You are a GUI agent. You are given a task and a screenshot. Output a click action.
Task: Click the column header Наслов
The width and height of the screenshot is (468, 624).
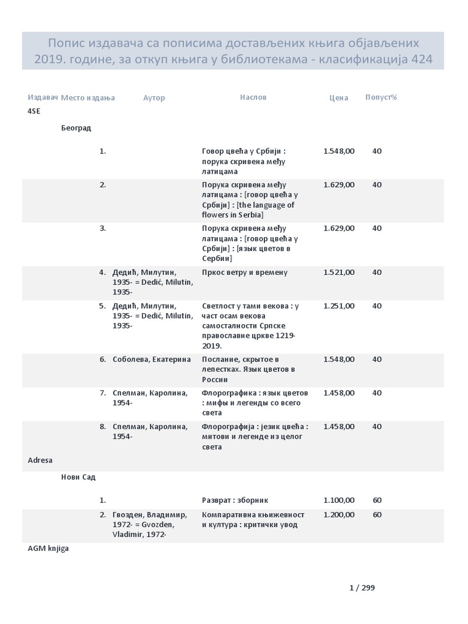[x=253, y=97]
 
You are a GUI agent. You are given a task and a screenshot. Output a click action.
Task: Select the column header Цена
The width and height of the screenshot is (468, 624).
[x=338, y=97]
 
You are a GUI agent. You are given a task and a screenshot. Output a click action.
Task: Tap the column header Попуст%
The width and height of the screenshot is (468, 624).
[x=381, y=97]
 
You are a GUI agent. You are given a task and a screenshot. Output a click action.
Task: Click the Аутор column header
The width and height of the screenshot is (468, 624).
[x=154, y=97]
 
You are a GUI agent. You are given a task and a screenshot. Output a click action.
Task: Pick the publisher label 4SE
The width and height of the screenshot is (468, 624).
[x=34, y=111]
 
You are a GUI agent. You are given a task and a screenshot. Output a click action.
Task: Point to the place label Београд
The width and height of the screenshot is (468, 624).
[x=76, y=128]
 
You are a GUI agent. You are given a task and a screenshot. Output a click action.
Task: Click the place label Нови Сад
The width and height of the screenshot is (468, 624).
[x=78, y=477]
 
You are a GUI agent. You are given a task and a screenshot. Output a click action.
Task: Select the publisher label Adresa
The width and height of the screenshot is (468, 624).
[x=40, y=460]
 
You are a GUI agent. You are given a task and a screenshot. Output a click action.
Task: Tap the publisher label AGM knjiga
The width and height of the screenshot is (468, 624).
[x=48, y=548]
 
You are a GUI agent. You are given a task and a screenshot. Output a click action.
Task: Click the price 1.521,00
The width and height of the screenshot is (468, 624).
[x=339, y=272]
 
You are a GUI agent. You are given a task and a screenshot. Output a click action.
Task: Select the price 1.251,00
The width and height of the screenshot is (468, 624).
[x=339, y=306]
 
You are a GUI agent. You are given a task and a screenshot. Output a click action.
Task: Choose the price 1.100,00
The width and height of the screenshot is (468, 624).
[x=339, y=500]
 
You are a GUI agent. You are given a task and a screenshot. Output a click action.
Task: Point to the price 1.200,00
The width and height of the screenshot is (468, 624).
[x=339, y=515]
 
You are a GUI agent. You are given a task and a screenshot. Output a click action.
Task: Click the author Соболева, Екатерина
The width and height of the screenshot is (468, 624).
[x=152, y=360]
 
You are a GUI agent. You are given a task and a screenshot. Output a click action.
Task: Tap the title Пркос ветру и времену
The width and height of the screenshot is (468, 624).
[x=244, y=272]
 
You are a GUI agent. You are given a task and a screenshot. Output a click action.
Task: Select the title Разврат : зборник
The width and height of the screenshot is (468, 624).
[x=235, y=500]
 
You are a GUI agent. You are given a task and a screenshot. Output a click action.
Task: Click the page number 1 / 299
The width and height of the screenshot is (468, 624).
[x=362, y=588]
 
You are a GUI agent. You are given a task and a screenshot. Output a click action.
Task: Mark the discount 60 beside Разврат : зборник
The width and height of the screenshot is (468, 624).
[x=377, y=500]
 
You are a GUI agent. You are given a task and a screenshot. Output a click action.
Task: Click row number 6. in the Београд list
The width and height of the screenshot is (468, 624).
[x=103, y=360]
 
